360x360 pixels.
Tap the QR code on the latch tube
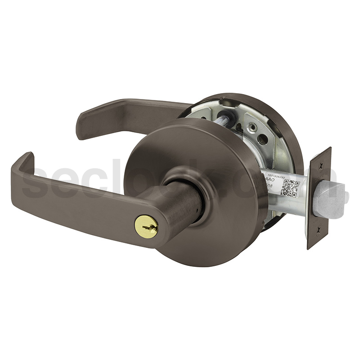[290, 188]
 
